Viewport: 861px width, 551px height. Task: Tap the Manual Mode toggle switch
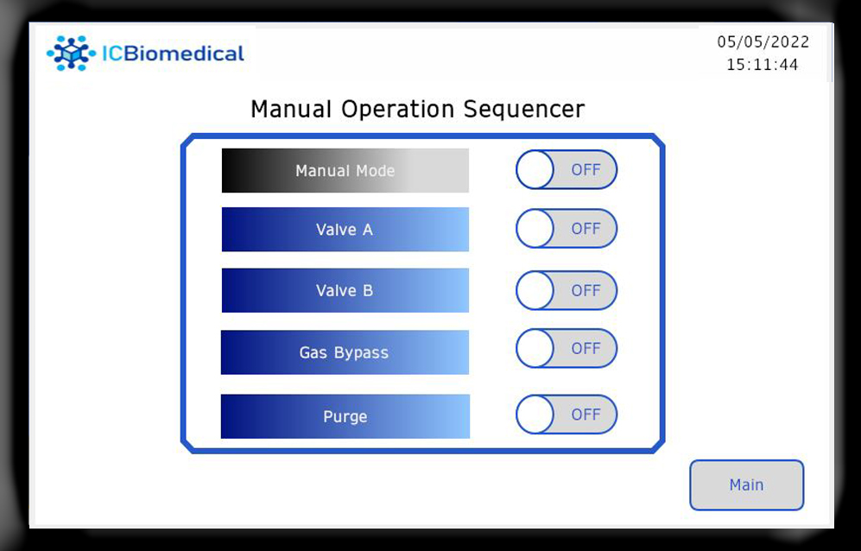pyautogui.click(x=567, y=170)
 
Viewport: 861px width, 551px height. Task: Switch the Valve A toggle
pyautogui.click(x=567, y=229)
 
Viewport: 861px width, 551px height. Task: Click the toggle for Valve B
pyautogui.click(x=567, y=290)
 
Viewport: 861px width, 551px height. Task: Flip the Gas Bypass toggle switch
pyautogui.click(x=567, y=348)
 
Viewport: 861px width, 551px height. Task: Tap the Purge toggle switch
pyautogui.click(x=567, y=415)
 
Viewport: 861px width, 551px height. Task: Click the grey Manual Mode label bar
pyautogui.click(x=345, y=170)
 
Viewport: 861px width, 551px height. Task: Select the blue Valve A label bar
pyautogui.click(x=345, y=229)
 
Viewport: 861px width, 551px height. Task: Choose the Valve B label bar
pyautogui.click(x=345, y=290)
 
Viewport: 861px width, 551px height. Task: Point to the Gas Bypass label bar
pyautogui.click(x=345, y=352)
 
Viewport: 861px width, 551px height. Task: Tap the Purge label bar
pyautogui.click(x=345, y=416)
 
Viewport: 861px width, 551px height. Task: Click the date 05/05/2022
pyautogui.click(x=763, y=41)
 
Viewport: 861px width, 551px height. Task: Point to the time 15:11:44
pyautogui.click(x=763, y=65)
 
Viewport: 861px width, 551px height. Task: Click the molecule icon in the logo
pyautogui.click(x=72, y=54)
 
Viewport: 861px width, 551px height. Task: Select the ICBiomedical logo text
pyautogui.click(x=173, y=54)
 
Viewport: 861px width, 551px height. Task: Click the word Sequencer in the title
pyautogui.click(x=524, y=109)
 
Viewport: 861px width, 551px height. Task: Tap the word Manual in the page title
pyautogui.click(x=291, y=109)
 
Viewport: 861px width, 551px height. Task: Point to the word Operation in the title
pyautogui.click(x=397, y=110)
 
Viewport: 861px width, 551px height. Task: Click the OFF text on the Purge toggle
pyautogui.click(x=586, y=415)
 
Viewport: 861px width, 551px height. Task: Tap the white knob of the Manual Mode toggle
pyautogui.click(x=535, y=170)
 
